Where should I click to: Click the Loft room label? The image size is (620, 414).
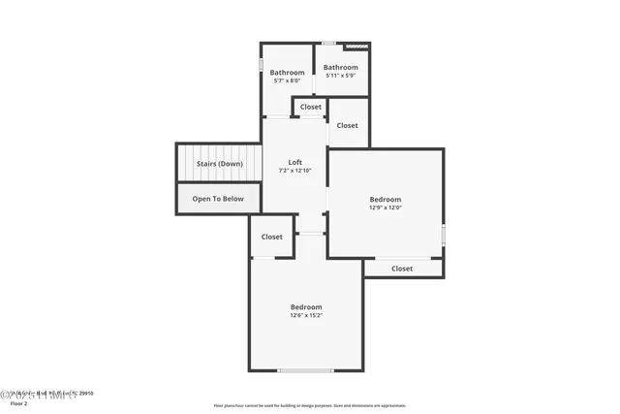(x=296, y=162)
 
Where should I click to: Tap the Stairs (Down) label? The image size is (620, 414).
(x=220, y=164)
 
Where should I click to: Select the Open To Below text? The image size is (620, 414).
(x=218, y=199)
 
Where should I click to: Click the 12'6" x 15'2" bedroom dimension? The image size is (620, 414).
(x=306, y=315)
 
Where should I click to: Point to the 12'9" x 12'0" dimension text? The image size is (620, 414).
(x=385, y=207)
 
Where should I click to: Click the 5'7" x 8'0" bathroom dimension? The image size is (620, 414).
(x=287, y=81)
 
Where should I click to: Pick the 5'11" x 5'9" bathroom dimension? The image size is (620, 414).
(x=340, y=76)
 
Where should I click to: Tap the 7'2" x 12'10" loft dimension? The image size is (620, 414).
(x=296, y=171)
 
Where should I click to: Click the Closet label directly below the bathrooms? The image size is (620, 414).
(x=311, y=107)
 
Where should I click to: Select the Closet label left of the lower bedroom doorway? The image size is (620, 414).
(x=272, y=237)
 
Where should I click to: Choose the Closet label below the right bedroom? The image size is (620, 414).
(x=402, y=269)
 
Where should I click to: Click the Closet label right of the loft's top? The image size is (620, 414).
(x=347, y=125)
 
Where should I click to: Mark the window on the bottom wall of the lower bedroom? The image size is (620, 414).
(x=306, y=370)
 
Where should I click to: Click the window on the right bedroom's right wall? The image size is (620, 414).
(x=444, y=235)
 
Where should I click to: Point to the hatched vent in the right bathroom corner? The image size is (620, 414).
(x=358, y=44)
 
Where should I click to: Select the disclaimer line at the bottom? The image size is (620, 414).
(x=310, y=405)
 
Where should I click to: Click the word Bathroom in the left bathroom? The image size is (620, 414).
(x=287, y=73)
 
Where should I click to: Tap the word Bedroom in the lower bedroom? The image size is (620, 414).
(x=306, y=306)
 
